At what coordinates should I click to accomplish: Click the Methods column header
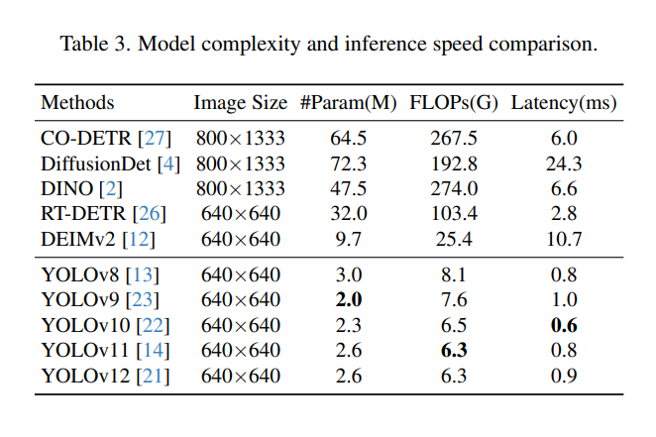coord(77,103)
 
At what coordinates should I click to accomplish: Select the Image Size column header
coord(240,103)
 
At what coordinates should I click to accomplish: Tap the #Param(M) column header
coord(348,103)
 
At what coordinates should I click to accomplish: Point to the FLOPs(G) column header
coord(455,103)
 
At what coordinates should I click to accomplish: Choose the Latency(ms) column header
coord(564,103)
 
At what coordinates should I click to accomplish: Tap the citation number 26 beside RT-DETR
coord(154,213)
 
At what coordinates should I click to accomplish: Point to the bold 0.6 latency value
coord(564,325)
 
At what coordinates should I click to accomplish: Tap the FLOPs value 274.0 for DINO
coord(455,188)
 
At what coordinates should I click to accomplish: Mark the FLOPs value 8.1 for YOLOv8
coord(455,275)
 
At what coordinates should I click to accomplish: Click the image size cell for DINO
coord(240,188)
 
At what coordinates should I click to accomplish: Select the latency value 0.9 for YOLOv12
coord(564,375)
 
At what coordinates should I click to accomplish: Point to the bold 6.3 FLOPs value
coord(455,350)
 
